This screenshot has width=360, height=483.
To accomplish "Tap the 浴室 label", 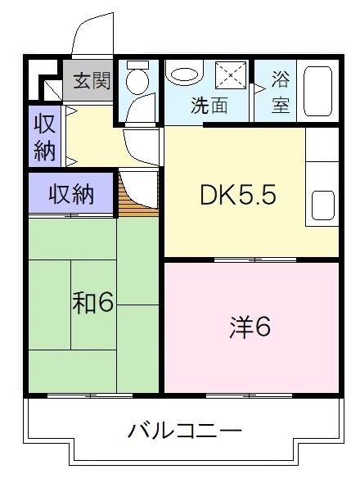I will coord(281,92).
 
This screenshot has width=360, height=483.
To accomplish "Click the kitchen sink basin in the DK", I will coord(322,207).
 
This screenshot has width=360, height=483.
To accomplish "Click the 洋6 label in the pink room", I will coord(249,327).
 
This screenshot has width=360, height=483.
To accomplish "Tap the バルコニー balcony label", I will coord(184,431).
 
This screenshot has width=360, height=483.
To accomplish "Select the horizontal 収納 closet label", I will coord(70,195).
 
